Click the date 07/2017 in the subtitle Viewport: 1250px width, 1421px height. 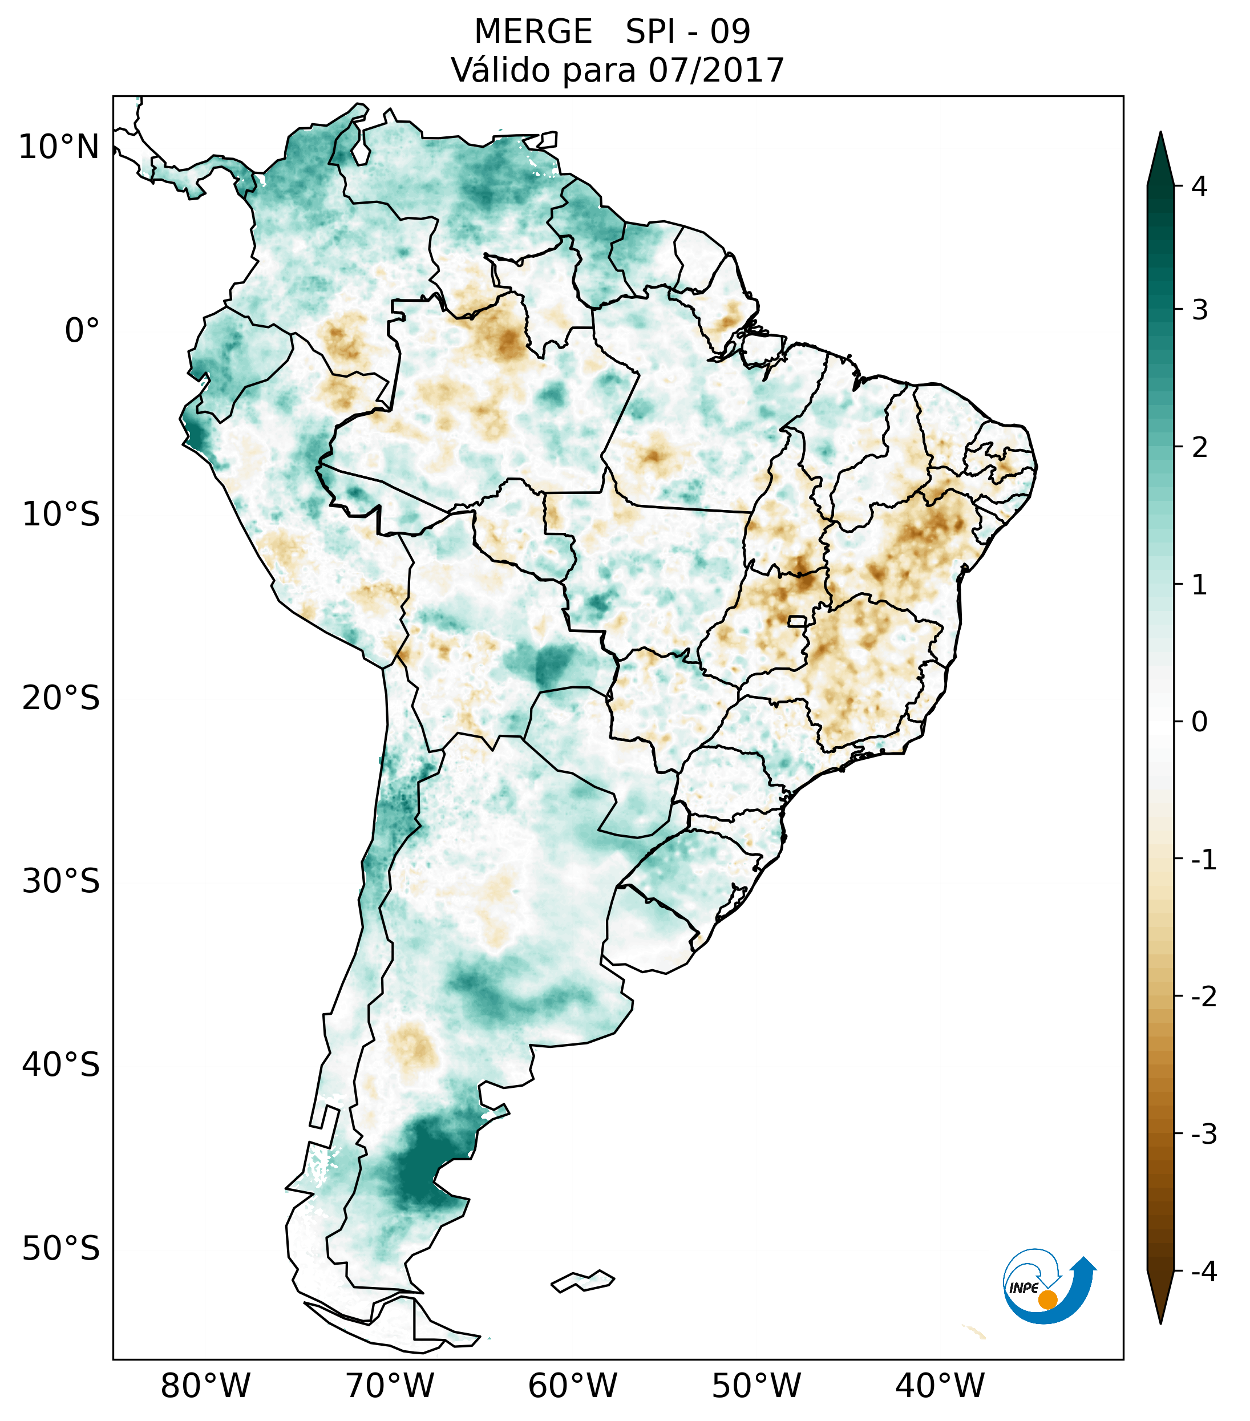716,70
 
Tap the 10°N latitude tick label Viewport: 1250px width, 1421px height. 59,147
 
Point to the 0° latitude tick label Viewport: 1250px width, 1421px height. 82,330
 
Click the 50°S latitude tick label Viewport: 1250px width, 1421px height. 61,1249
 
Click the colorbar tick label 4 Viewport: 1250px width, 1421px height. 1199,187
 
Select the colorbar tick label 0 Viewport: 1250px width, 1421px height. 1199,722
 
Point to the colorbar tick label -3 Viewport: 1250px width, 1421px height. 1203,1134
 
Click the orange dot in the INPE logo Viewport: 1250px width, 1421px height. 1047,1299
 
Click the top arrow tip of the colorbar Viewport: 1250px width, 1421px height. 1160,134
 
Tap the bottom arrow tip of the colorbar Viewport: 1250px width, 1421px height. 1160,1322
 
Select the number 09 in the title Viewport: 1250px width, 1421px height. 730,32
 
